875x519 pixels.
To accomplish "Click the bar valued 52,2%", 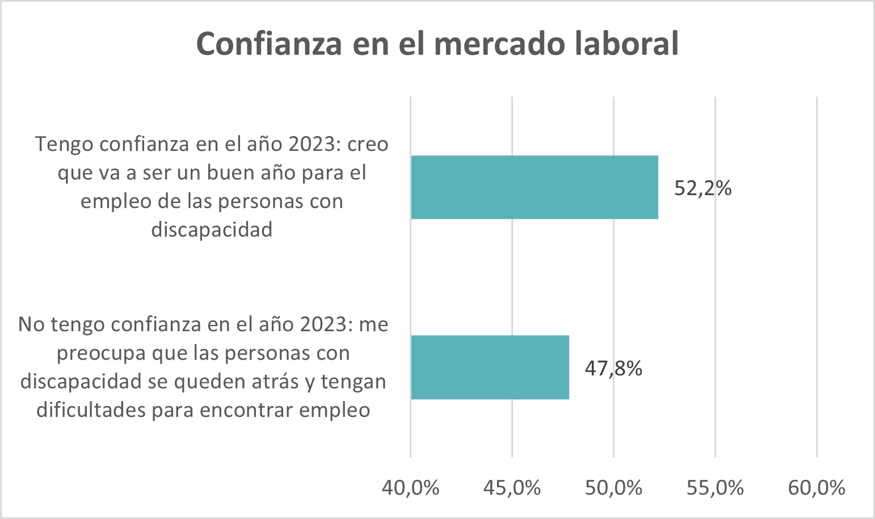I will [x=534, y=187].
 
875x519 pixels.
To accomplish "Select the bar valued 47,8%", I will [x=490, y=367].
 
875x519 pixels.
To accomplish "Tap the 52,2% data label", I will [x=702, y=188].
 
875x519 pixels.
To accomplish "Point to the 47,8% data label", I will [x=613, y=368].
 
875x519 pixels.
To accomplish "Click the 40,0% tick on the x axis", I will [x=410, y=488].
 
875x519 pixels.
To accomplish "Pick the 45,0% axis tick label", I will [x=512, y=488].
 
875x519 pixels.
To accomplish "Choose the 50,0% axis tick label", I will [x=613, y=488].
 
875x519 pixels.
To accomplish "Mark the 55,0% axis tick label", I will [x=715, y=488].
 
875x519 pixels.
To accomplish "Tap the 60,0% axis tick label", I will [x=817, y=488].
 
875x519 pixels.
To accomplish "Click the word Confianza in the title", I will [x=269, y=44].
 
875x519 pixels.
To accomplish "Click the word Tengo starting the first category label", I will [x=64, y=144].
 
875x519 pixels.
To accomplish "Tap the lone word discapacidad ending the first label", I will [x=212, y=229].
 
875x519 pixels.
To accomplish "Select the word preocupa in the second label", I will [x=101, y=353].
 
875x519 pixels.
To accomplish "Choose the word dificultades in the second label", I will [x=90, y=410].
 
